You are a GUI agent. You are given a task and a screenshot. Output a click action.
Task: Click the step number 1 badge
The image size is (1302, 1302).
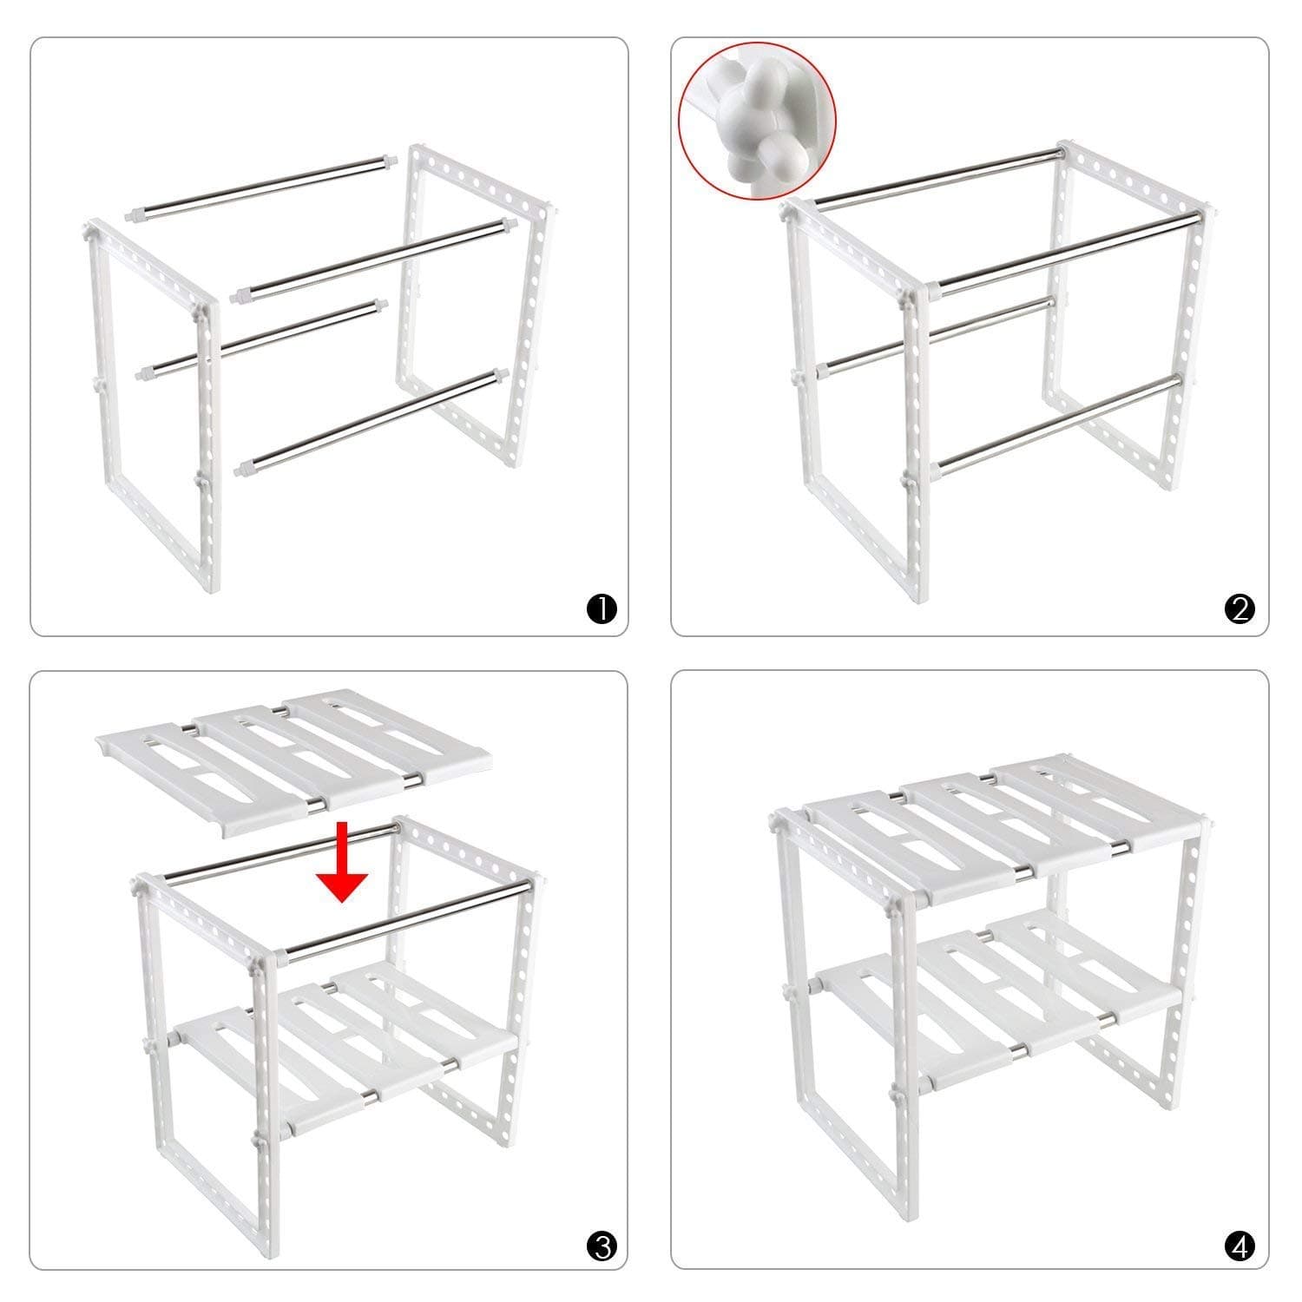point(602,609)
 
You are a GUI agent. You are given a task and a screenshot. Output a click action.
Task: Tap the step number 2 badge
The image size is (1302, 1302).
point(1240,609)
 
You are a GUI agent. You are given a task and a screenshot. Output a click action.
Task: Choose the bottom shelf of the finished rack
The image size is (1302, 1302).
point(998,998)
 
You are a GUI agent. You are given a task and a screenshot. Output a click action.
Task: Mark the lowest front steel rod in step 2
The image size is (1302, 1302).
point(1059,425)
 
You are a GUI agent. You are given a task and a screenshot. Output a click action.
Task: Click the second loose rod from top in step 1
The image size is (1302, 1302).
point(373,260)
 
